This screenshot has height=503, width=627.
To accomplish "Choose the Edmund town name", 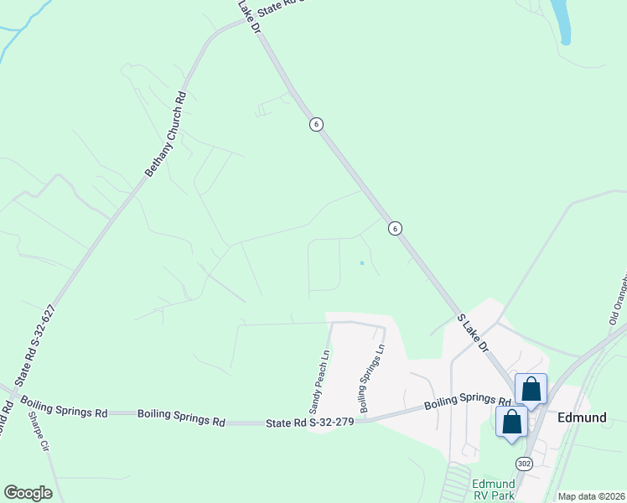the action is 580,417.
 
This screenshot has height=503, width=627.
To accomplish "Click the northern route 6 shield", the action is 315,124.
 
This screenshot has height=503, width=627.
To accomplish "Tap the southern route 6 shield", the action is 394,228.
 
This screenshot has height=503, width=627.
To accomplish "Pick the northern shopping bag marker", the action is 531,390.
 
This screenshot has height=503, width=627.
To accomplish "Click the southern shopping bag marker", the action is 512,422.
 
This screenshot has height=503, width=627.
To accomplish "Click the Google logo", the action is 28,493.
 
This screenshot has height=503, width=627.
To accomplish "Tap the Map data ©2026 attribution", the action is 591,496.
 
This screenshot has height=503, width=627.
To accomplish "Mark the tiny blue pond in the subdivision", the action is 361,263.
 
